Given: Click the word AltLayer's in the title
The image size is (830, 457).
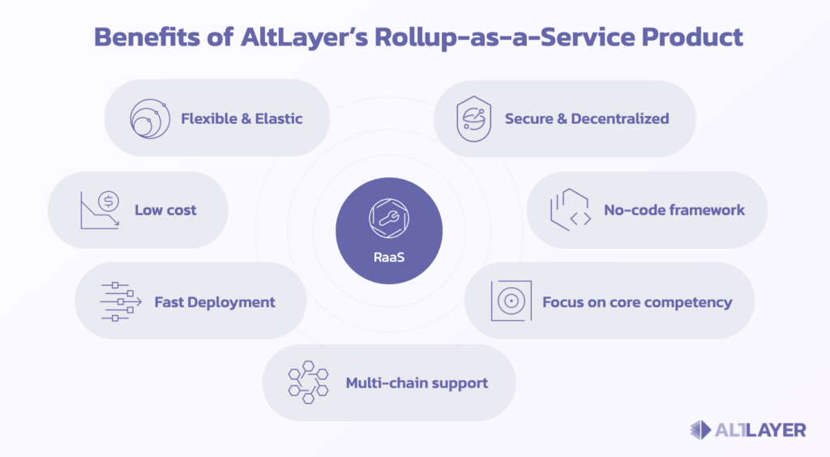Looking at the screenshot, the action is pos(304,37).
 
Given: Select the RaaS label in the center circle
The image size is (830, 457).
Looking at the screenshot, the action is pos(389,257).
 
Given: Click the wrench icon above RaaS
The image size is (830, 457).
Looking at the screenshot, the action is pos(389,218).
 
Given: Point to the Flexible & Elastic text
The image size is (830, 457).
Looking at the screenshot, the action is pos(242,118).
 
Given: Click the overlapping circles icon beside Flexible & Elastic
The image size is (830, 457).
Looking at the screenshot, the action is pos(150,118).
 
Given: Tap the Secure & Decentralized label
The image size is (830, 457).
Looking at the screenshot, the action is pos(587,118).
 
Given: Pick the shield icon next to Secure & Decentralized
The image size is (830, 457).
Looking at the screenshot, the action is pos(473,118).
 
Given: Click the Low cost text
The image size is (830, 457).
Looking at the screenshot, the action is pos(165,210).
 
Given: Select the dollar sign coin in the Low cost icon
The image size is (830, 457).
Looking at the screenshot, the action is pos(109,201).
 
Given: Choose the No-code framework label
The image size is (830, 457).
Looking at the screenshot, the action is pos(674,210).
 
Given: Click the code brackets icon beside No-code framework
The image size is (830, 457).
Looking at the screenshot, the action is pos(571,210).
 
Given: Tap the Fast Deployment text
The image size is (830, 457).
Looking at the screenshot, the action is pos(215,302).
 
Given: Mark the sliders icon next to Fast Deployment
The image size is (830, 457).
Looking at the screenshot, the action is pos(121,301).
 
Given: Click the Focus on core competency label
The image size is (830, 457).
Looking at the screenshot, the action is pos(637,302).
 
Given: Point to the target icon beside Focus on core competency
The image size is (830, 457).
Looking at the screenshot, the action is pos(511,301).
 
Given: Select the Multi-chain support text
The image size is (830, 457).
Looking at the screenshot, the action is pos(417,383).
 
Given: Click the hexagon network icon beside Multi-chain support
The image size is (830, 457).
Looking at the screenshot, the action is pos(308,382).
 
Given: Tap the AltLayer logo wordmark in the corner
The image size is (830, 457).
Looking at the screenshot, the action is pos(760,430).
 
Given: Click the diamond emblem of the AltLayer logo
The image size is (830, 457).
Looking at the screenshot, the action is pos(700,430).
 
